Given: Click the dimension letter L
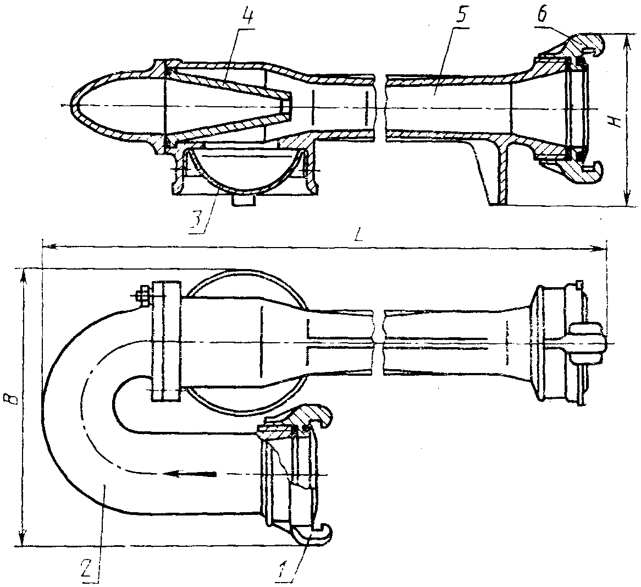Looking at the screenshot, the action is [358, 236].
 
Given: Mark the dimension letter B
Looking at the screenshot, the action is [14, 398].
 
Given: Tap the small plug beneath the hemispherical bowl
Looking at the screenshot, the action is [243, 200].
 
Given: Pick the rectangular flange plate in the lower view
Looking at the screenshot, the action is [166, 341].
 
